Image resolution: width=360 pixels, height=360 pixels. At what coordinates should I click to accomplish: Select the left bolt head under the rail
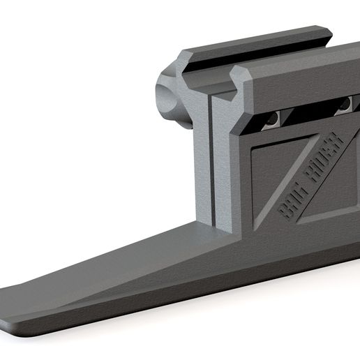(274, 118)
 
